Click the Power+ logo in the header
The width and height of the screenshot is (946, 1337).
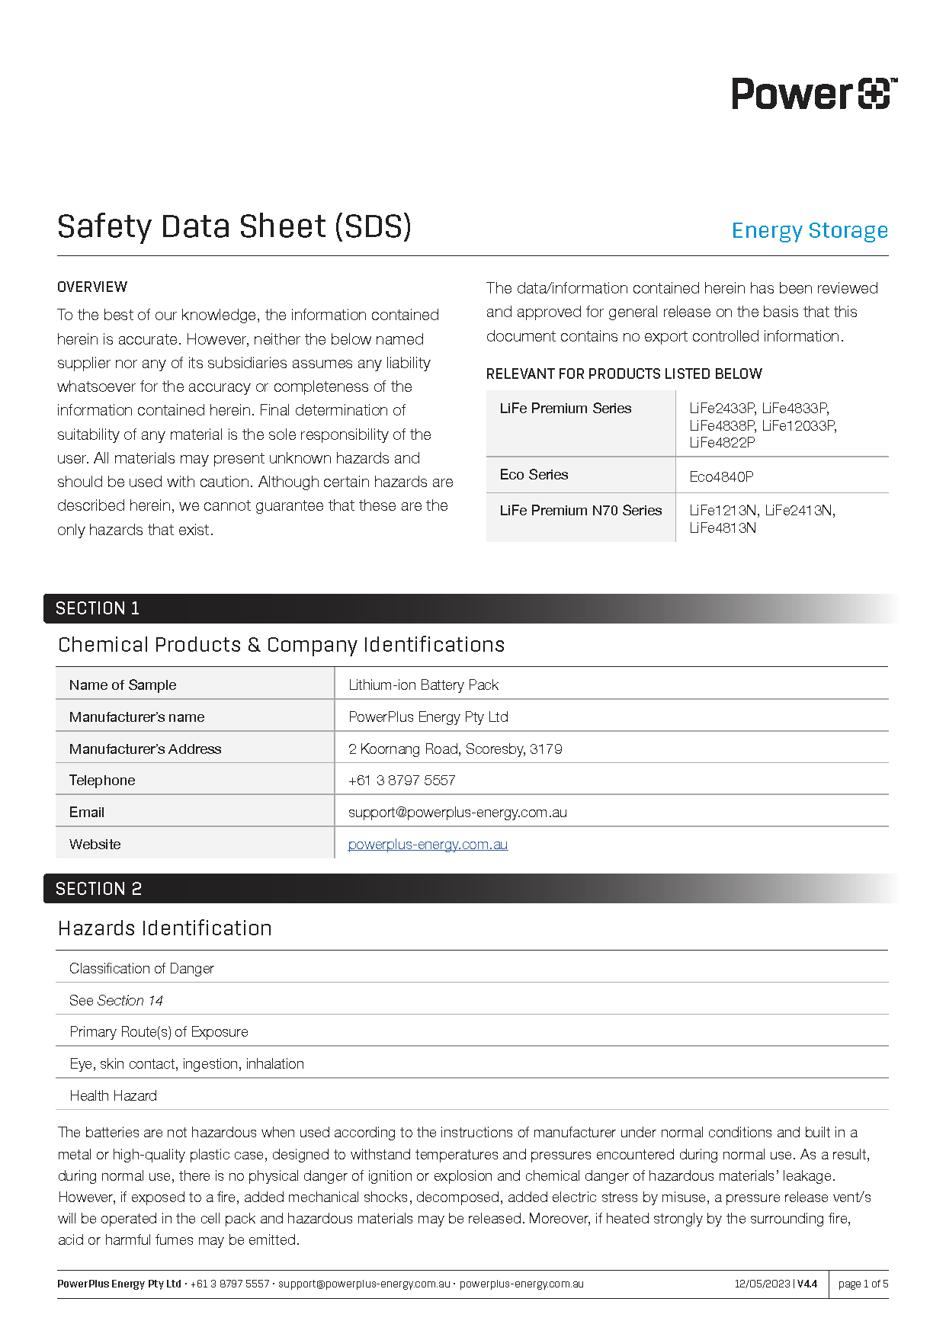click(814, 94)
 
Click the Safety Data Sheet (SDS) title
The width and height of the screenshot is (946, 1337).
click(234, 226)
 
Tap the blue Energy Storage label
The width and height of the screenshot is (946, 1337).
click(810, 230)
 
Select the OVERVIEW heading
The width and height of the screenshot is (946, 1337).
click(92, 287)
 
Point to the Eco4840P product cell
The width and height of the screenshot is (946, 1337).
click(721, 476)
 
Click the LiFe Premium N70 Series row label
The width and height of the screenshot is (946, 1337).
click(581, 511)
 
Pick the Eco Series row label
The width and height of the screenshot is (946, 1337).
click(534, 475)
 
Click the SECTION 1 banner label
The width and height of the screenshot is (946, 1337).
click(98, 608)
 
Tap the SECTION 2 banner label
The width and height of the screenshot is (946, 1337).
click(99, 889)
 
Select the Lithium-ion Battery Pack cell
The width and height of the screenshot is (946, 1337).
click(423, 685)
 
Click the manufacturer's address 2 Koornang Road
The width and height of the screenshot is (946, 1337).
click(455, 749)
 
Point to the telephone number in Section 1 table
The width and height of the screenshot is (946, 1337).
click(402, 781)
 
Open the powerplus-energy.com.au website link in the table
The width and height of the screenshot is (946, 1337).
click(428, 845)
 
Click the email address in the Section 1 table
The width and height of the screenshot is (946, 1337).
click(457, 813)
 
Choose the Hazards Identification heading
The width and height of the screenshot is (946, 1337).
click(165, 928)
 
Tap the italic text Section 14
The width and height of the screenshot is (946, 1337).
click(130, 1001)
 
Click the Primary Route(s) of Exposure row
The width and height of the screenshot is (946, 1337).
click(159, 1032)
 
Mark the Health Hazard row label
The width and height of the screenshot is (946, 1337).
click(113, 1096)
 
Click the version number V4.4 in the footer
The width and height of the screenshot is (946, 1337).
click(807, 1284)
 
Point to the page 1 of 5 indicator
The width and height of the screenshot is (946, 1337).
click(863, 1284)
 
